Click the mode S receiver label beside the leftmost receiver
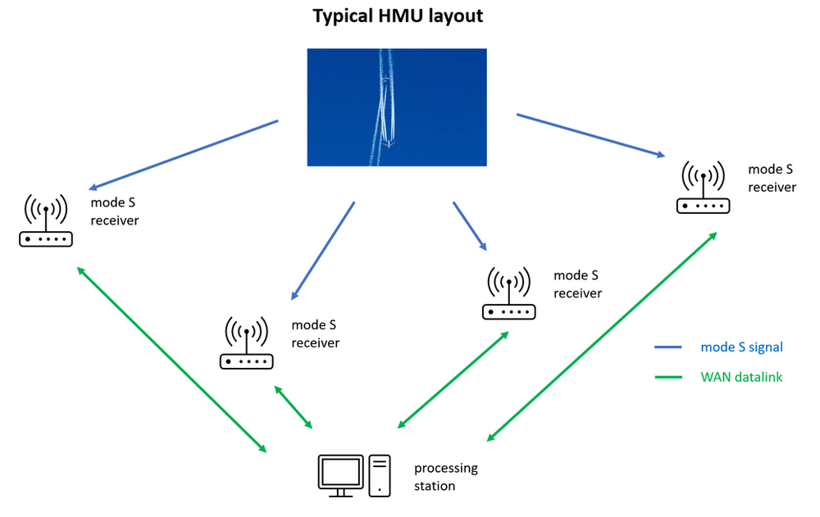tap(114, 211)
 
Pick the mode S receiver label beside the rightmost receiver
tap(772, 178)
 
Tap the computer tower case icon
tap(380, 475)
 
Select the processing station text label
tap(445, 477)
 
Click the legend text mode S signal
tap(741, 347)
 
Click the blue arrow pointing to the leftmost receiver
tap(184, 155)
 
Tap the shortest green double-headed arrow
tap(294, 406)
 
